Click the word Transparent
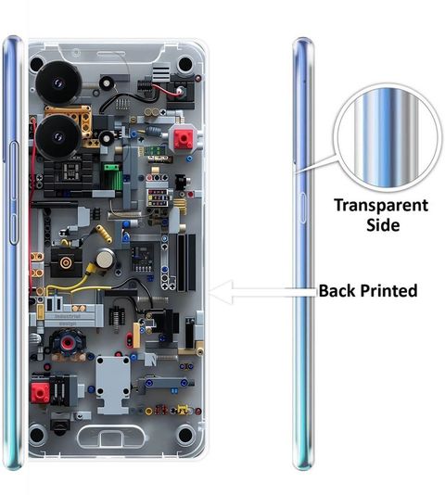381,206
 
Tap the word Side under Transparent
383,225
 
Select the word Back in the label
337,291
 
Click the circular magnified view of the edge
388,138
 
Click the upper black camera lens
58,83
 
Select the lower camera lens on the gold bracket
57,137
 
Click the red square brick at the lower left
41,393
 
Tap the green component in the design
113,176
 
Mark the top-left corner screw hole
37,64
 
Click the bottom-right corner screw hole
185,436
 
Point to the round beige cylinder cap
105,260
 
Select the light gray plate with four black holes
113,384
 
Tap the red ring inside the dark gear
68,343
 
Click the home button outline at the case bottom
111,437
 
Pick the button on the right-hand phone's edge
302,208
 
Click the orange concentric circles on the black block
66,262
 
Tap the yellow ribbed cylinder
104,234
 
